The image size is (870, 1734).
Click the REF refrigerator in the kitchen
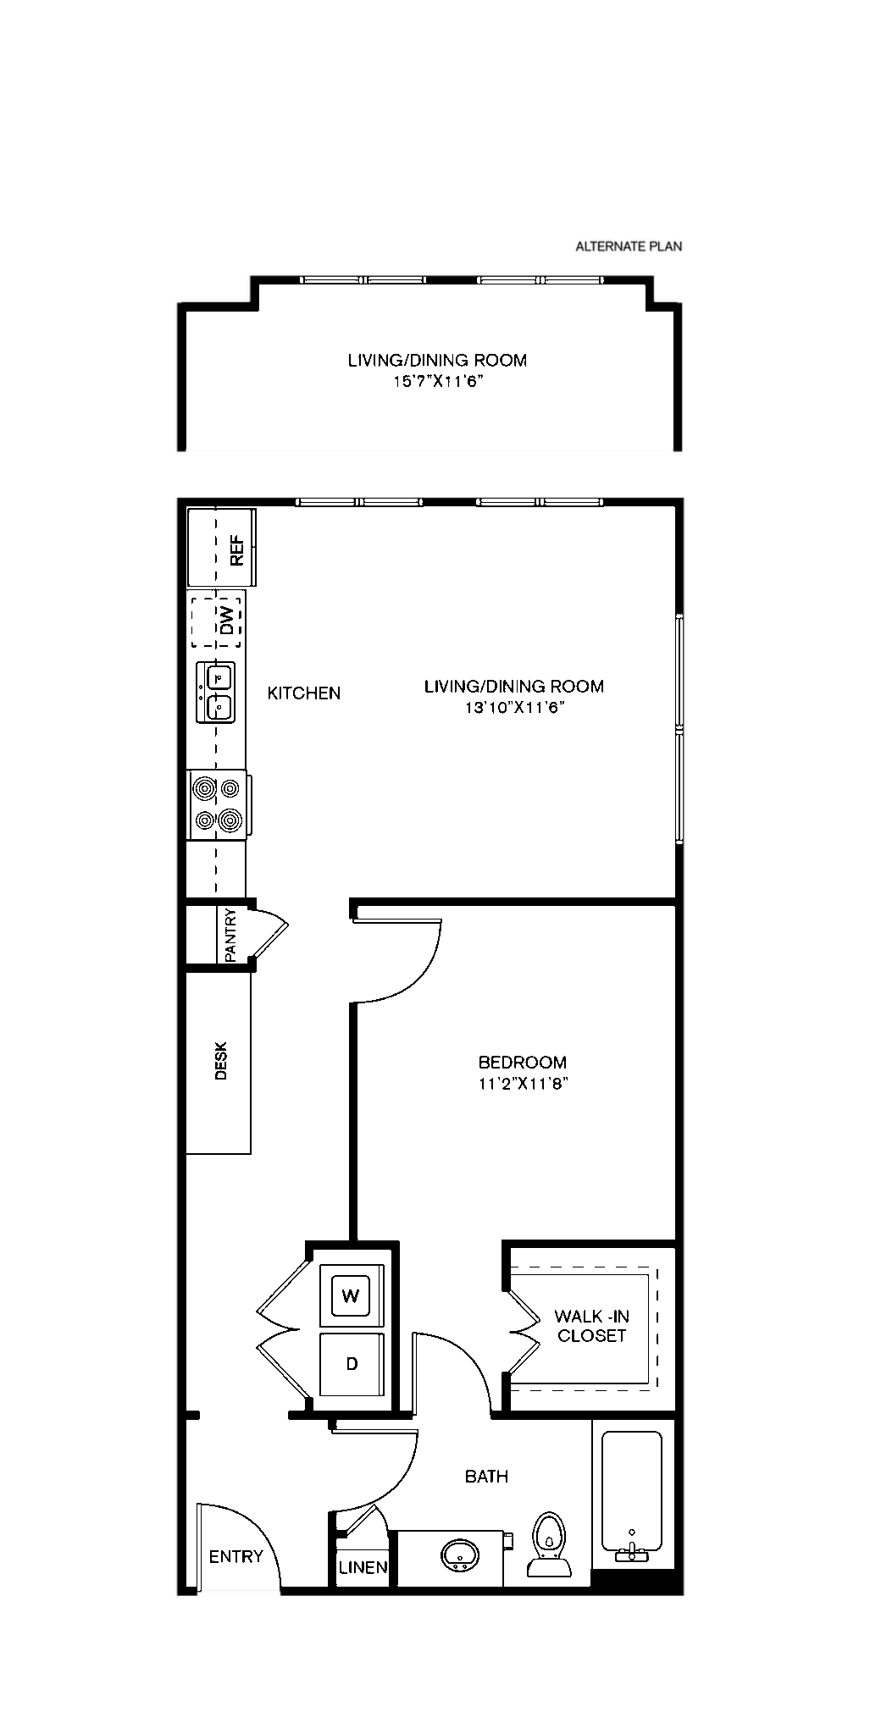[221, 548]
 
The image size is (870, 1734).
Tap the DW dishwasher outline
[216, 622]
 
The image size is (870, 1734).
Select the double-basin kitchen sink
[216, 692]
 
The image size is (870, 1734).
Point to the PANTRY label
[231, 935]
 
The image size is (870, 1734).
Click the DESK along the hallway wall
[219, 1062]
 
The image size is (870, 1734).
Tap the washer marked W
[351, 1295]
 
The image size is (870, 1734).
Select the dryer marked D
[352, 1364]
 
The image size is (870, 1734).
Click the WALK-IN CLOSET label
[591, 1326]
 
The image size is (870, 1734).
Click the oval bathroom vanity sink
[460, 1555]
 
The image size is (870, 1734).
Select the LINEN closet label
[363, 1567]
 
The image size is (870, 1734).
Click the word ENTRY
[236, 1556]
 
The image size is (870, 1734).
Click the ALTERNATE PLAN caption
[629, 247]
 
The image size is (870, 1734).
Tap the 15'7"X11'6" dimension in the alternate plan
[437, 382]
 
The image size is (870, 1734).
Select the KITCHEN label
[304, 693]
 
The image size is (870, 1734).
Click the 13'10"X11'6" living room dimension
[514, 708]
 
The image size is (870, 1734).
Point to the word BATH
[487, 1477]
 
